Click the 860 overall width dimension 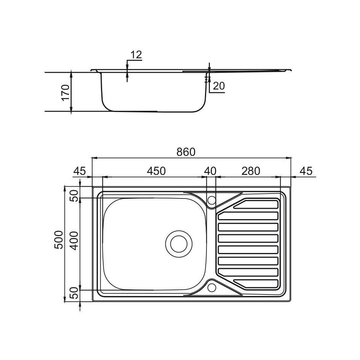click(x=186, y=152)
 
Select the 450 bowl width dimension click(x=156, y=171)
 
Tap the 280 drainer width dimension click(x=251, y=171)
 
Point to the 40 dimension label click(x=210, y=171)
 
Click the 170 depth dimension click(x=66, y=93)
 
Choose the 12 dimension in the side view click(x=136, y=54)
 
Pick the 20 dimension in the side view click(x=219, y=86)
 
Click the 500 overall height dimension click(x=59, y=240)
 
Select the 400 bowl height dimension click(x=74, y=241)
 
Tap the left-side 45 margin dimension click(x=80, y=171)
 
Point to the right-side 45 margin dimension click(x=306, y=171)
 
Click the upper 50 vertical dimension click(x=74, y=196)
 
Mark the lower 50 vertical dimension click(x=74, y=293)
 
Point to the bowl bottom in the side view click(x=154, y=112)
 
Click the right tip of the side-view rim click(x=291, y=70)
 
